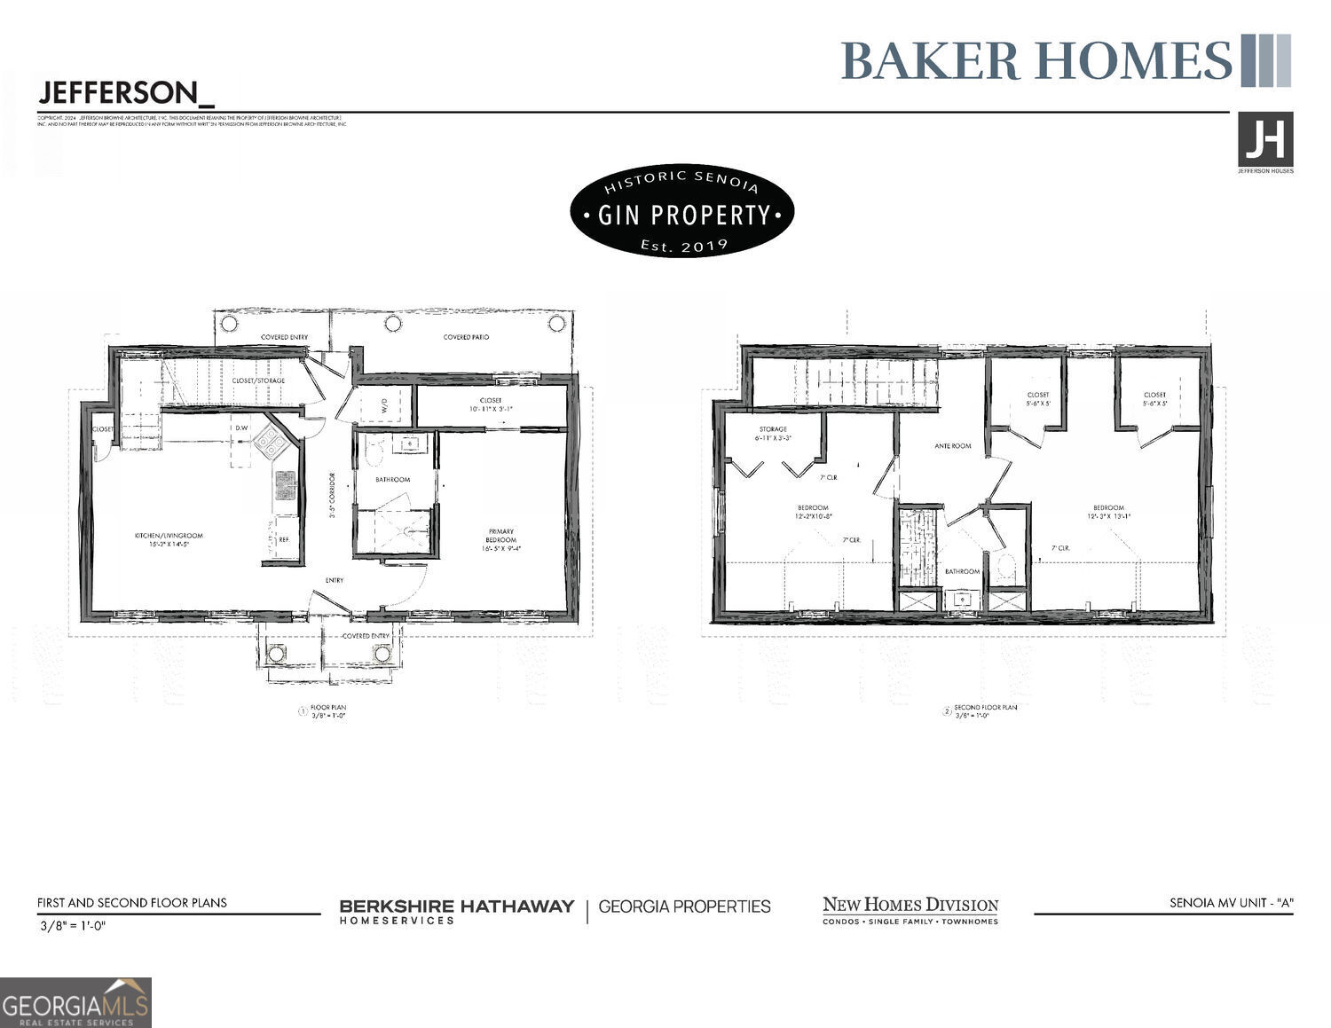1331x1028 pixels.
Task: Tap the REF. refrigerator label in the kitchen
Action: coord(284,539)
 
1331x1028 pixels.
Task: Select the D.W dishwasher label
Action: coord(241,428)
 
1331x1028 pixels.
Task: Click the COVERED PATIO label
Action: coord(466,338)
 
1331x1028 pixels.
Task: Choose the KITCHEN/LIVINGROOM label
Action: coord(169,539)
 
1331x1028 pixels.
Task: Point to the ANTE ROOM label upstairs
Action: coord(953,446)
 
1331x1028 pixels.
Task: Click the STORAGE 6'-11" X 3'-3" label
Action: coord(773,434)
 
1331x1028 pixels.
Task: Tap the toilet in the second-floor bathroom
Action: coord(1006,569)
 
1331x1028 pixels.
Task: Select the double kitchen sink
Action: coord(285,485)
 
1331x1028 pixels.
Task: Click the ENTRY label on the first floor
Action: coord(335,581)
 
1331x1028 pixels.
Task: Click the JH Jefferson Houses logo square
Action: coord(1265,139)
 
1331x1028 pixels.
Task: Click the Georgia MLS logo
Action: coord(75,1003)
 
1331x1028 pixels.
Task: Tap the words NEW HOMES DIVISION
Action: coord(910,906)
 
